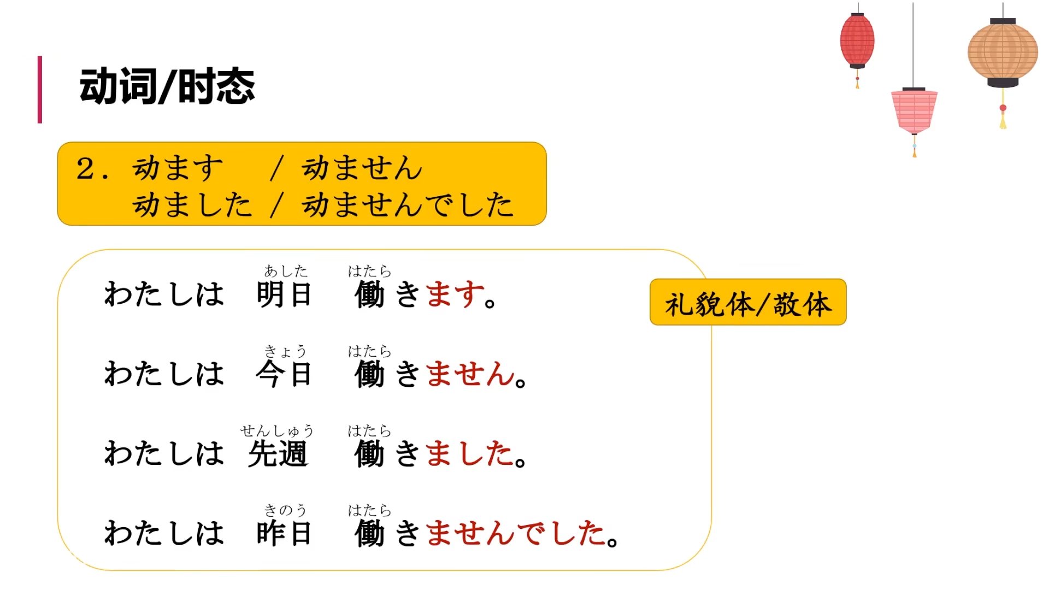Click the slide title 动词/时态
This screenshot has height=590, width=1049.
point(167,86)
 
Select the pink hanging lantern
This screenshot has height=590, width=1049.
point(914,111)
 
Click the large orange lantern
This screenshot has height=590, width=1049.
point(1003,53)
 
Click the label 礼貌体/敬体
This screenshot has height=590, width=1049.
point(748,303)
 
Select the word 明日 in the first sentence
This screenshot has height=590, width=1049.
point(284,294)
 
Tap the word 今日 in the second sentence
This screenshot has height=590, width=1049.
point(284,374)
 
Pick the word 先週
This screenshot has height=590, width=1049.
point(278,454)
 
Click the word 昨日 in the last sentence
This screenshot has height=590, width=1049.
point(284,534)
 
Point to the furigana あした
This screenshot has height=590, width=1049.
point(286,271)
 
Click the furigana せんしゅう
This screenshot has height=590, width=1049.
point(277,431)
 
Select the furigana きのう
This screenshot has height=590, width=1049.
point(285,510)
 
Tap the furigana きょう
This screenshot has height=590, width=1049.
point(285,351)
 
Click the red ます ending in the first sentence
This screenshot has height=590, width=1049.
point(455,294)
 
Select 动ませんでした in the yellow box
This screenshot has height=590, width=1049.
point(408,205)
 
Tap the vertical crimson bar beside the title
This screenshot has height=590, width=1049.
point(40,89)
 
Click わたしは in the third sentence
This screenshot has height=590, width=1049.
point(164,454)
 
